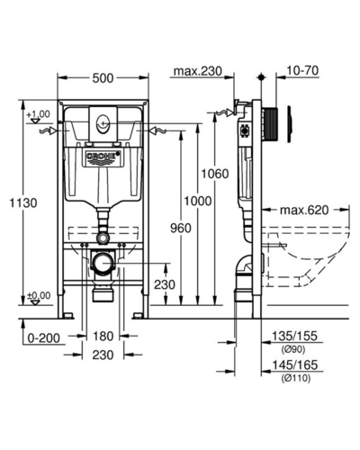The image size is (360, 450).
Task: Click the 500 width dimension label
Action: (x=103, y=78)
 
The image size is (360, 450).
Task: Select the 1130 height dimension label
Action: (x=23, y=203)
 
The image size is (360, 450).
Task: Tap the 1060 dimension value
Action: (x=215, y=174)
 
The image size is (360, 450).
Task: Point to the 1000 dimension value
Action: (x=198, y=201)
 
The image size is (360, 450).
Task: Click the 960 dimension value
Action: (x=181, y=229)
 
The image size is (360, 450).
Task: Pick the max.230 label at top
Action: (x=198, y=71)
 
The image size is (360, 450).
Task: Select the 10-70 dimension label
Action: (x=302, y=71)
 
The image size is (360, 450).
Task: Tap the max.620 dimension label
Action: (x=304, y=211)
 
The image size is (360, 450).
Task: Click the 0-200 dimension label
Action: (x=44, y=338)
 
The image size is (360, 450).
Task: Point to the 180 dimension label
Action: (x=103, y=337)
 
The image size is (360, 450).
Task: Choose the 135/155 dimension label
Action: (x=294, y=336)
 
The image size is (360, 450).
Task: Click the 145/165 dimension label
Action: (x=294, y=365)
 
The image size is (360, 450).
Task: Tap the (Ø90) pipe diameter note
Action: (x=293, y=349)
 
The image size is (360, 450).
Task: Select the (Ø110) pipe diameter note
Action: (x=296, y=378)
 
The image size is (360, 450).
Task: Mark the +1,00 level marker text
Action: (x=38, y=114)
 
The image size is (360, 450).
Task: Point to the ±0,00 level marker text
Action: (x=39, y=295)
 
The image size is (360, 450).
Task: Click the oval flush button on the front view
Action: (x=103, y=123)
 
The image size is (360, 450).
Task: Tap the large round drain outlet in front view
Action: (x=103, y=263)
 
